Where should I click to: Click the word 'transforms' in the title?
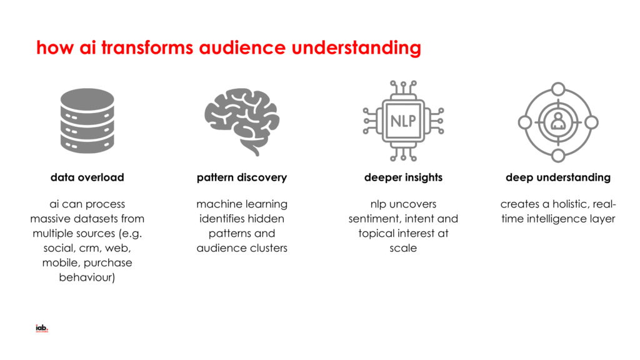point(144,47)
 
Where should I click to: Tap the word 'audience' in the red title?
point(247,47)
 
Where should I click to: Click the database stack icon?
point(87,121)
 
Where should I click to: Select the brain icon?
point(241,119)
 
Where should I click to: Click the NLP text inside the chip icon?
point(402,120)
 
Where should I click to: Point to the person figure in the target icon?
point(558,122)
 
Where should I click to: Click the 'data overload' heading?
point(87,177)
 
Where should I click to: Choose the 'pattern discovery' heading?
point(242,177)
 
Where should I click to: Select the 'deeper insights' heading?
point(403,177)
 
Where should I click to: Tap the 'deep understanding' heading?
point(558,177)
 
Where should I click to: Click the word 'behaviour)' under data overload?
point(87,277)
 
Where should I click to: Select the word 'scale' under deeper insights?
point(403,248)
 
